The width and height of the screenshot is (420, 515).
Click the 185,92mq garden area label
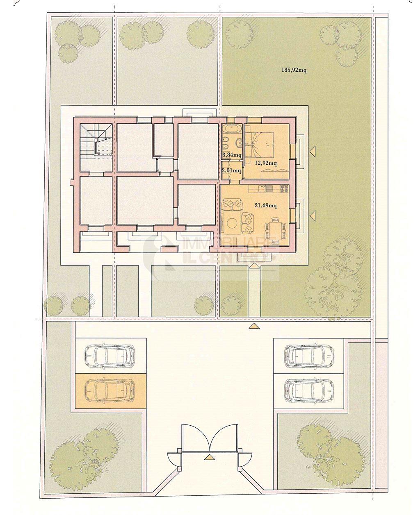(294, 70)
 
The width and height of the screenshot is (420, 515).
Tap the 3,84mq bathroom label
(232, 155)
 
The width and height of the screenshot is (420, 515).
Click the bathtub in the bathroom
(232, 129)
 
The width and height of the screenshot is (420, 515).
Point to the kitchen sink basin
(269, 189)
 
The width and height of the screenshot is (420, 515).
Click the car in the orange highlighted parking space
(110, 390)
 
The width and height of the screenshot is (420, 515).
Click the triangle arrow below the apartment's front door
(254, 266)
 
